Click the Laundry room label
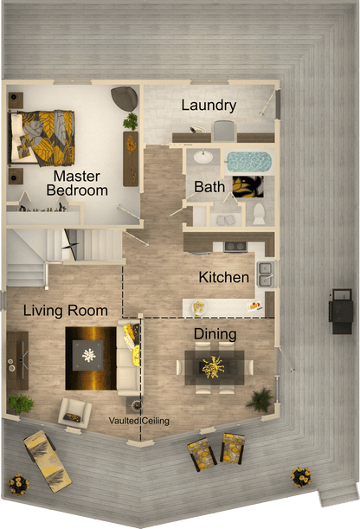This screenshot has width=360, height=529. tap(209, 106)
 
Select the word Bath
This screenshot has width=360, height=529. tap(209, 186)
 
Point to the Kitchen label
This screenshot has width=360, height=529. tap(224, 278)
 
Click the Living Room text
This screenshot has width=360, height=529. tap(66, 310)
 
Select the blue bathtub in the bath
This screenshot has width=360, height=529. tap(248, 162)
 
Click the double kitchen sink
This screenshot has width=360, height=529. tap(266, 274)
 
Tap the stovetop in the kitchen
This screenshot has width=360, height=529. tap(235, 246)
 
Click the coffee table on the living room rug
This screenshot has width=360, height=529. tap(90, 352)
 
